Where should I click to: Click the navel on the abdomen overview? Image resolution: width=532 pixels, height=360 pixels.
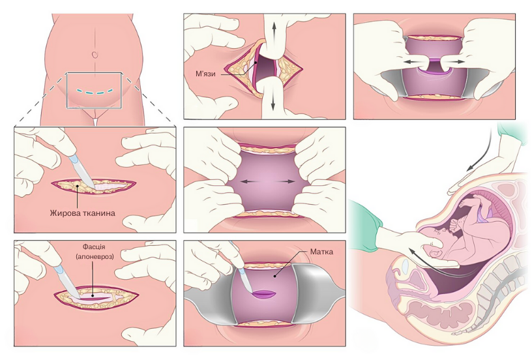pos(95,55)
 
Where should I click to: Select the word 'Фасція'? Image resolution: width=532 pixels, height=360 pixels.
pos(94,248)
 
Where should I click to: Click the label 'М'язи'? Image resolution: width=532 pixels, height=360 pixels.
pos(208,72)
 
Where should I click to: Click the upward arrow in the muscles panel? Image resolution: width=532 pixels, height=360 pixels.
pos(272,30)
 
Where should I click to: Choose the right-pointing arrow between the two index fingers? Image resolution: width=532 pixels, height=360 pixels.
pos(458,61)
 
